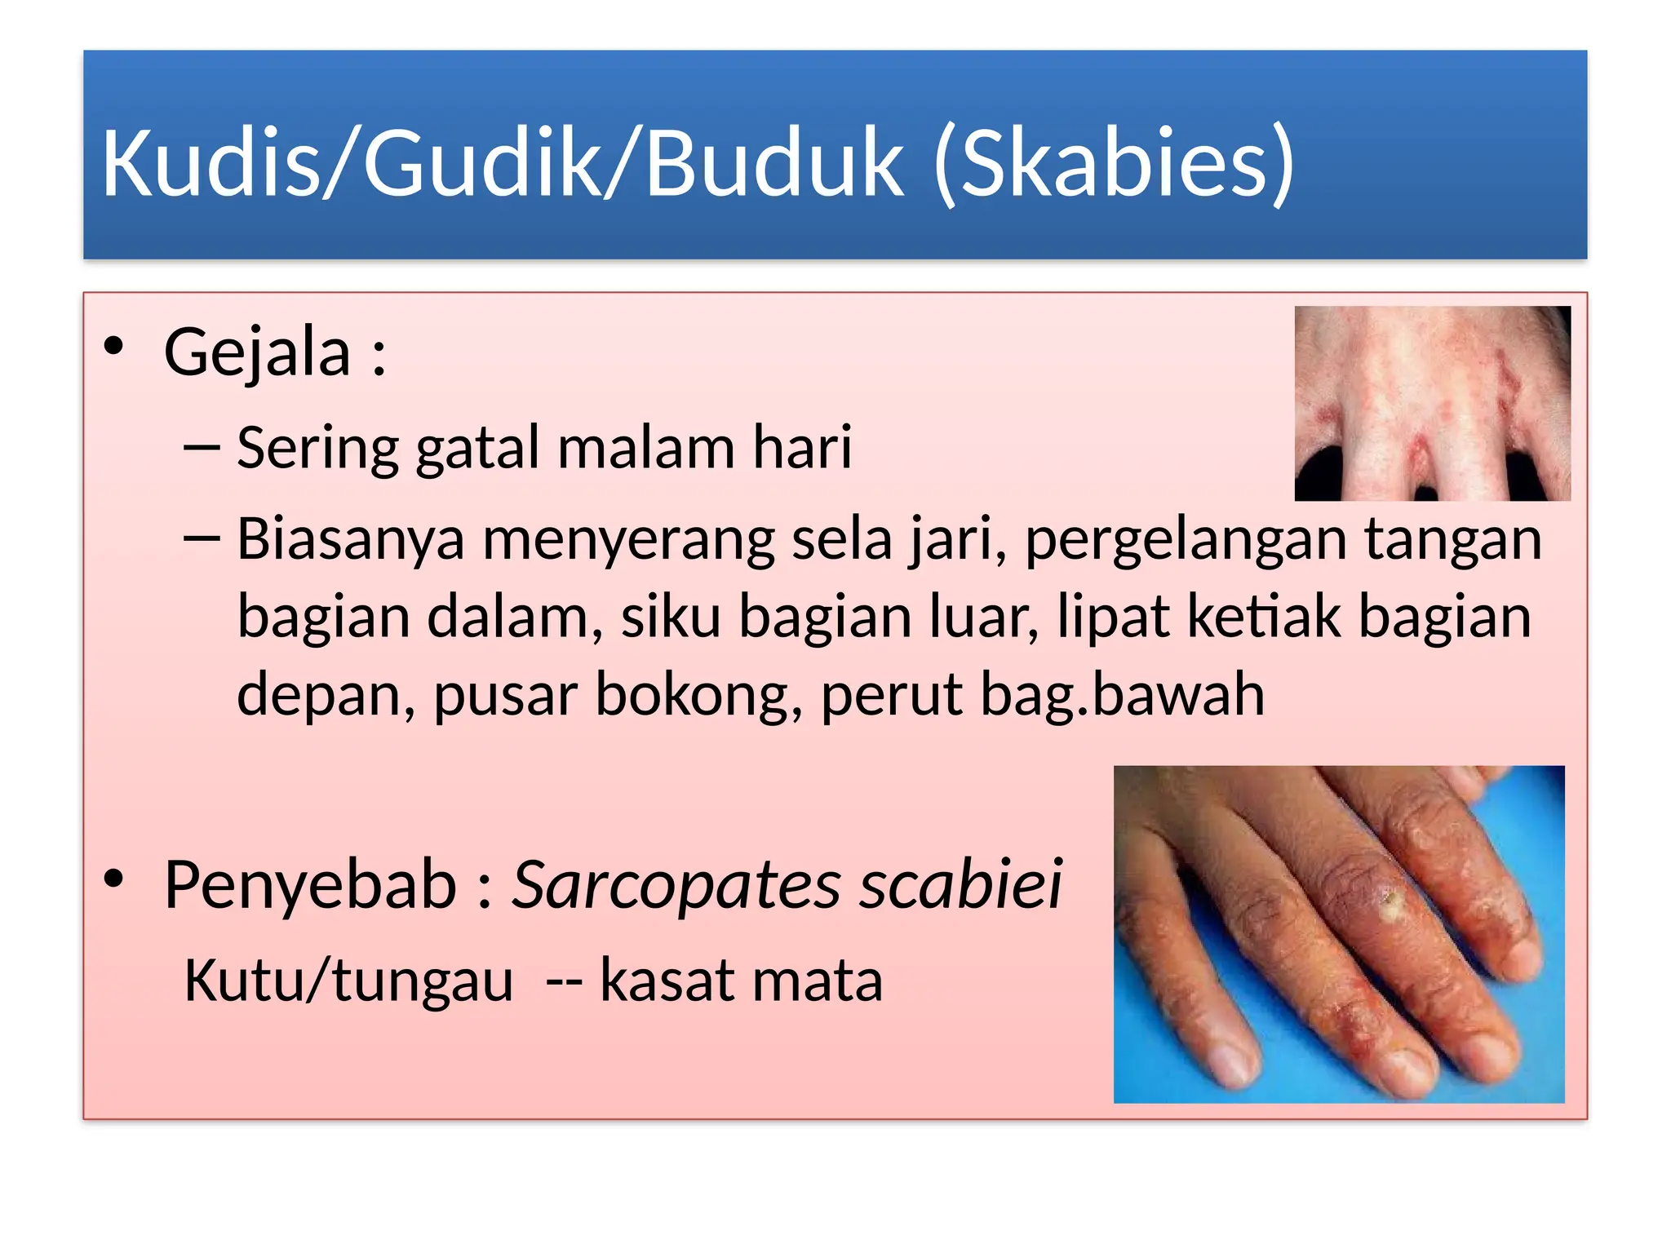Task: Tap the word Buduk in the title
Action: [774, 163]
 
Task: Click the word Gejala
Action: [257, 353]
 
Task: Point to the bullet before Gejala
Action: [113, 346]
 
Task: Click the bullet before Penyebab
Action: [113, 879]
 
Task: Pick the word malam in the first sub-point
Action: [645, 448]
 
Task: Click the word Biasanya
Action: [350, 540]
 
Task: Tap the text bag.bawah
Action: [1122, 695]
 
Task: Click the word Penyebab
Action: [310, 885]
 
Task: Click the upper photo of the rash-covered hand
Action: [1432, 403]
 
